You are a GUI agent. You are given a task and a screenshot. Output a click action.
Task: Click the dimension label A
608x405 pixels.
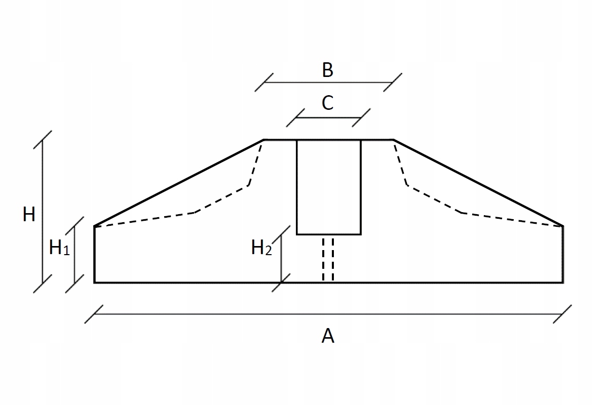coord(328,336)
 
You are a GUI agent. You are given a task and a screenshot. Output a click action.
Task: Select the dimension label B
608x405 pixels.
coord(328,70)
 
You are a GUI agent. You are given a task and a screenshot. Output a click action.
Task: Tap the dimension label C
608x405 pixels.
coord(328,103)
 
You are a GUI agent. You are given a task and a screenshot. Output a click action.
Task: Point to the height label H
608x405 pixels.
coord(29,215)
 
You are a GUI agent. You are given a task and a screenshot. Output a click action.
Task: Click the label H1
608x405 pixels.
coord(59,248)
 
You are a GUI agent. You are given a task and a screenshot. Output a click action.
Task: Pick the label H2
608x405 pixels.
coord(261,249)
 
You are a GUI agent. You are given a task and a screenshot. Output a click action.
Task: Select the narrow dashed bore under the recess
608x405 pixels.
coord(328,258)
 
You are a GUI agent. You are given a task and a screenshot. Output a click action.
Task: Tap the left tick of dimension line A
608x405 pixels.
coord(95,314)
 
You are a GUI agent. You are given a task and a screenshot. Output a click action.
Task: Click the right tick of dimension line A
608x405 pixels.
coord(562,314)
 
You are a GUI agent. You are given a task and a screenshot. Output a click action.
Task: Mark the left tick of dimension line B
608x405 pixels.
coord(264,82)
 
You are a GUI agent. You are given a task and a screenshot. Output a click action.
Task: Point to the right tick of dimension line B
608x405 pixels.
coord(393,82)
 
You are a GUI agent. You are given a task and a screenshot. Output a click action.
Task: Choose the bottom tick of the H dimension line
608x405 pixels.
coord(43,282)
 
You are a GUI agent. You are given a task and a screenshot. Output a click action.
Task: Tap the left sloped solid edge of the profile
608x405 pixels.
coord(179,183)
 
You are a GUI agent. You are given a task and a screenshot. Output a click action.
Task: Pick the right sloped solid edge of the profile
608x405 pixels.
coord(478,183)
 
